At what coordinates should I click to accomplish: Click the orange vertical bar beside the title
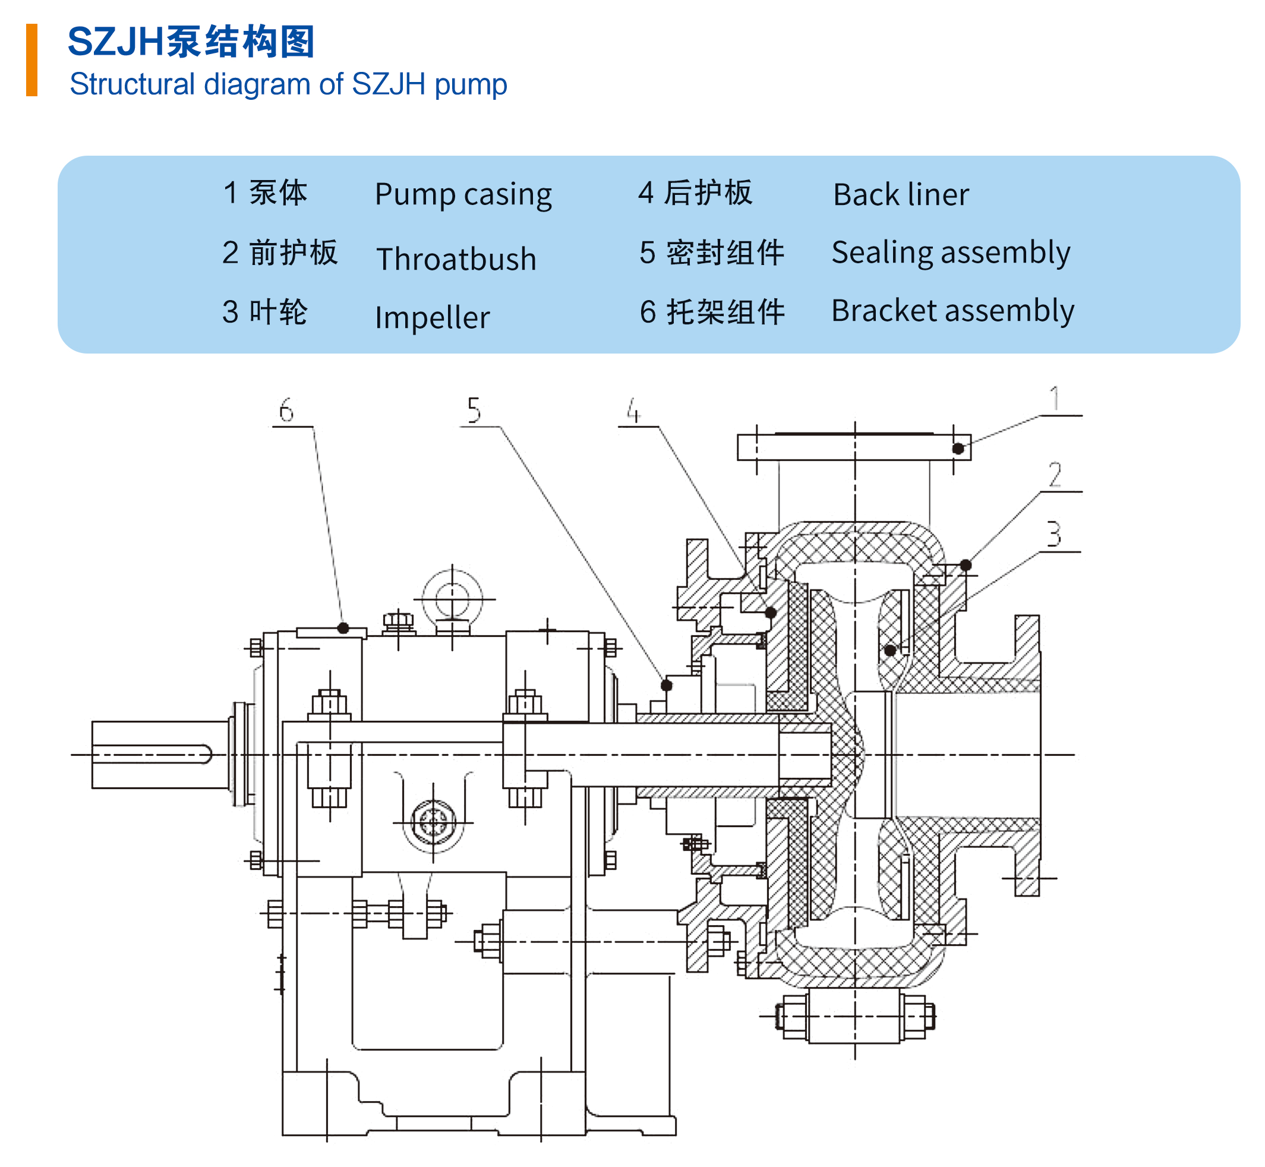(31, 60)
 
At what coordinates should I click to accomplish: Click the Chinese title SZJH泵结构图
(191, 42)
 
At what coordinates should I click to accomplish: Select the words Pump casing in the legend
(463, 194)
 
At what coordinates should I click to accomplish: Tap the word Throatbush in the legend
(456, 259)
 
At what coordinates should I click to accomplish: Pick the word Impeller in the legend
(432, 317)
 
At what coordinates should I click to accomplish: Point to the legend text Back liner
(900, 194)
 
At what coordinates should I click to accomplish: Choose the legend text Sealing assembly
(951, 253)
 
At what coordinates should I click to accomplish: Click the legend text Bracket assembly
(952, 311)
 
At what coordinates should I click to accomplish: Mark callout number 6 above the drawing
(286, 411)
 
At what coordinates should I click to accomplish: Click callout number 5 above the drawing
(474, 411)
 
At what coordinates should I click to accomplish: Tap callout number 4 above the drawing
(633, 411)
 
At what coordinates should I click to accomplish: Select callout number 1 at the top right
(1053, 399)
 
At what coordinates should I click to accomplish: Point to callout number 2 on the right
(1054, 475)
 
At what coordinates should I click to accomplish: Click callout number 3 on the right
(1053, 534)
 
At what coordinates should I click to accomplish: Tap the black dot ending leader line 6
(343, 627)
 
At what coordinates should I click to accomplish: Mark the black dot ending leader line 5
(666, 685)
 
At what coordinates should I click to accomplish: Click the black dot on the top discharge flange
(958, 449)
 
